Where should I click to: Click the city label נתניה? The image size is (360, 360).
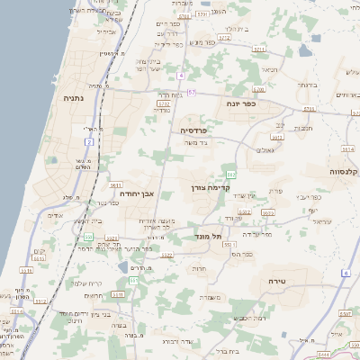click(73, 98)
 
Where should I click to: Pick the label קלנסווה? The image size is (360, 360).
click(344, 170)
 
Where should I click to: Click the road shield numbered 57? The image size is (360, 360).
click(192, 93)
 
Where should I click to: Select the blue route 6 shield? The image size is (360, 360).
click(346, 272)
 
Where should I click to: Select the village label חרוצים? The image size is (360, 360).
click(93, 296)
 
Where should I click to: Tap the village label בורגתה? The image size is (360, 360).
click(306, 84)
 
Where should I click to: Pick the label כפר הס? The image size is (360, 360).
click(241, 254)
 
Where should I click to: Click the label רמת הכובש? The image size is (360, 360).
click(250, 319)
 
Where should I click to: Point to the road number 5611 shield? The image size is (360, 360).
click(116, 184)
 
